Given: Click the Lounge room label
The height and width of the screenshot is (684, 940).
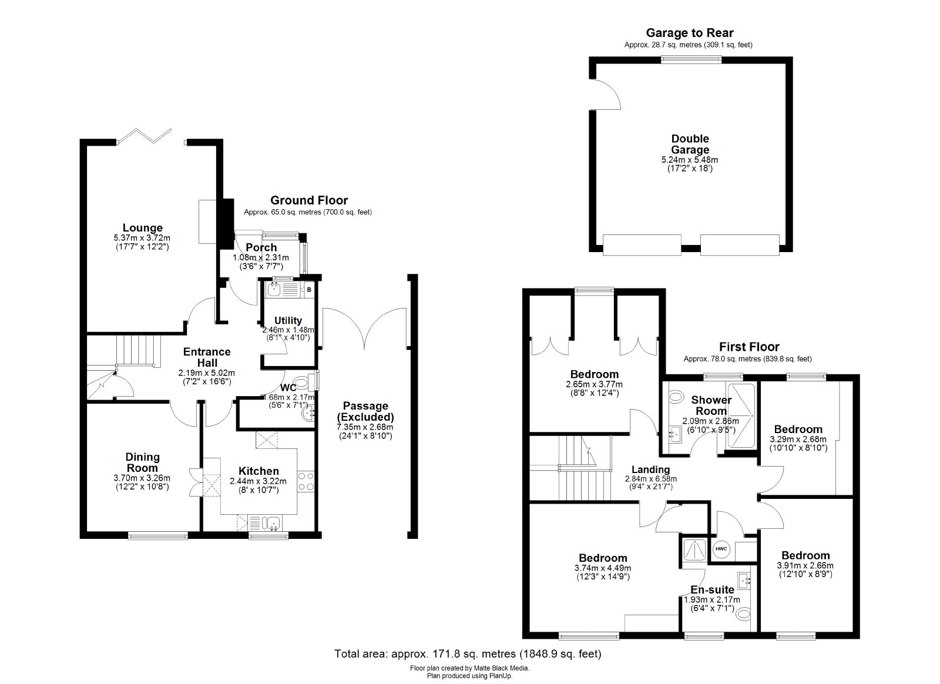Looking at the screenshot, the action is (142, 228).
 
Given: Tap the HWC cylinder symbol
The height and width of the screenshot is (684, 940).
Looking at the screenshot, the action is (721, 549).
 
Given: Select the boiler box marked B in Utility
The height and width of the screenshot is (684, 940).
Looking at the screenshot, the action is (309, 290).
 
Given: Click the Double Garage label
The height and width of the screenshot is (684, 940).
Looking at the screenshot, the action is (690, 144).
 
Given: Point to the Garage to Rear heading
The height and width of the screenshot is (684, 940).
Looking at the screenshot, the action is (690, 33).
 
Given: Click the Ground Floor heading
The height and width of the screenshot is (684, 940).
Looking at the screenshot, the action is (309, 200).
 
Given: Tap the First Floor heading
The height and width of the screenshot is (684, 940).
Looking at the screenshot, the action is (749, 347).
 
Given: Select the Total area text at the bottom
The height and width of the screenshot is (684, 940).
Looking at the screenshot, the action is (468, 653).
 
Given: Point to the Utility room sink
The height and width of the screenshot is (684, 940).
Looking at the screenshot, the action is (274, 289).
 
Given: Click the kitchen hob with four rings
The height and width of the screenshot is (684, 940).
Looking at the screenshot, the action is (305, 481).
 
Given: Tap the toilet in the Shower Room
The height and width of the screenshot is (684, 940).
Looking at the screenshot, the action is (676, 396).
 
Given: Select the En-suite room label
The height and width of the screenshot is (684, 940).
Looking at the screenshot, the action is (712, 589).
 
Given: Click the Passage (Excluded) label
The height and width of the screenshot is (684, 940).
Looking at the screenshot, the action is (365, 411).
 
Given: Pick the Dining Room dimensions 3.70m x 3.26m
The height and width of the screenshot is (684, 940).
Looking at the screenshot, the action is (142, 478).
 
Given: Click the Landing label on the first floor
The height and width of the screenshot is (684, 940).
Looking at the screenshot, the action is (650, 470).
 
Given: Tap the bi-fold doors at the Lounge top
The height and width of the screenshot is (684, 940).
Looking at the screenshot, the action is (144, 135).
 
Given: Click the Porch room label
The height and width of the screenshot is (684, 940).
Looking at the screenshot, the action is (261, 247).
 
